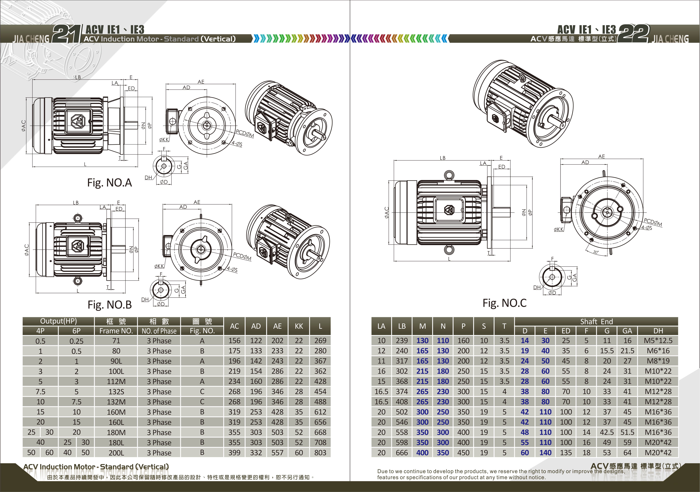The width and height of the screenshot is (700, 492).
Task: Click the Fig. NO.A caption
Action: (109, 183)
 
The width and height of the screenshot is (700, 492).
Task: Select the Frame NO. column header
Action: (116, 331)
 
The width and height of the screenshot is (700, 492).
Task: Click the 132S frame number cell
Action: (116, 392)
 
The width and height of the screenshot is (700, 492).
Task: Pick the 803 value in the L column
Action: (320, 453)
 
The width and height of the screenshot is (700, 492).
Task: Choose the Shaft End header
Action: (596, 321)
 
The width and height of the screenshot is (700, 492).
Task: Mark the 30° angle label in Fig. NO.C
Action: (596, 252)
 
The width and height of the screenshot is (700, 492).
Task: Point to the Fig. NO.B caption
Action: (109, 305)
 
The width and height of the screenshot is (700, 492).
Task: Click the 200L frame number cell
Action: (116, 453)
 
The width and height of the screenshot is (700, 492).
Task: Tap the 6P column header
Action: (77, 331)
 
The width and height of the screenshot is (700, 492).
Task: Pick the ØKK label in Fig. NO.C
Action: (558, 230)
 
